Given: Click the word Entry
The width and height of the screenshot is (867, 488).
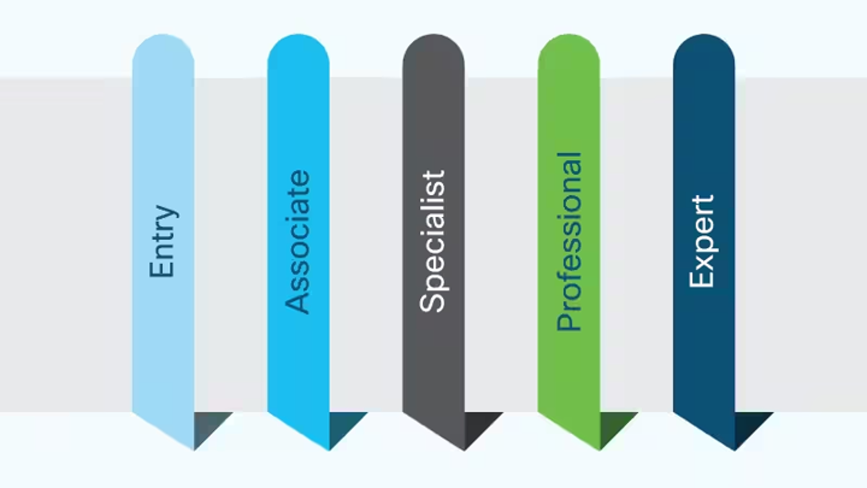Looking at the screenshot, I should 163,242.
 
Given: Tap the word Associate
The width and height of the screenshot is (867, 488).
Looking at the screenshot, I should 298,241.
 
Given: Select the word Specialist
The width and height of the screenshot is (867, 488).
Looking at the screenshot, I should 433,241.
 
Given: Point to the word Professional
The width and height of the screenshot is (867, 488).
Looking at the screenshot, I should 569,241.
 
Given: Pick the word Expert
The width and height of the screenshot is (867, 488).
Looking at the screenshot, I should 702,241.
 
